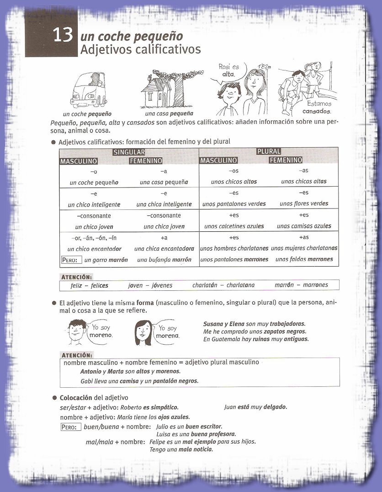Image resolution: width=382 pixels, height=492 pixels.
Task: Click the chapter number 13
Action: point(63,35)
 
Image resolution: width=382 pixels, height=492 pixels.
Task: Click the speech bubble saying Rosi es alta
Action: point(229,70)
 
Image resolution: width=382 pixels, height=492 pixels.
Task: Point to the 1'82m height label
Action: point(264,67)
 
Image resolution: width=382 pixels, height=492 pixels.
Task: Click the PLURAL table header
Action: point(269,151)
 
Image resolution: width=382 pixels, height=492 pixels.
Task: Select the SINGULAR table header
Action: point(129,152)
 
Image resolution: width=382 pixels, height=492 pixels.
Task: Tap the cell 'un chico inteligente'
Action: point(94,204)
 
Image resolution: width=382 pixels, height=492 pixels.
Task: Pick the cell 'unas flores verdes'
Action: point(304,204)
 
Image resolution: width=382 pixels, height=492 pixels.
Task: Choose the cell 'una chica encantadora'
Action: point(164,249)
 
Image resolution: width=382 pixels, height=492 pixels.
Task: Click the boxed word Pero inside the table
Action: point(71,260)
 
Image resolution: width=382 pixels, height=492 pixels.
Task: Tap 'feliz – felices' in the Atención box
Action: point(86,285)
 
